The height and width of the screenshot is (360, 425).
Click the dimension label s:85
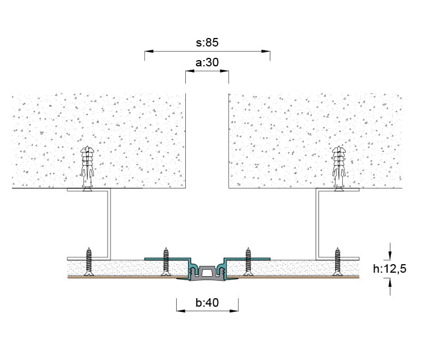point(207,43)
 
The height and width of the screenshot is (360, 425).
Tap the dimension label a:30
point(207,62)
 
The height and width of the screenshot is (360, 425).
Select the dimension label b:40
point(207,303)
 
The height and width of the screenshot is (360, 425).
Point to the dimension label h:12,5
point(389,269)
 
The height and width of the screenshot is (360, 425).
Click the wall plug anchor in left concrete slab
point(87,168)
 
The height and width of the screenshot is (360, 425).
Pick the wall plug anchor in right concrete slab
point(339,168)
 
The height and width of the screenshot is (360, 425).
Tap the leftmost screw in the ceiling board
point(88,262)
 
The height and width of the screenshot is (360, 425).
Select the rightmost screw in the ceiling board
point(337,262)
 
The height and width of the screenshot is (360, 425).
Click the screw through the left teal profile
point(166,262)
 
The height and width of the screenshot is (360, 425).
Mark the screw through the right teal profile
point(248,262)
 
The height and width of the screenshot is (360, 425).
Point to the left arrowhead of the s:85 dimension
point(149,51)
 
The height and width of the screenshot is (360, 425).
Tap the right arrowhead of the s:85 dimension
point(266,51)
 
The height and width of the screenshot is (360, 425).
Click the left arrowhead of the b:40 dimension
point(181,311)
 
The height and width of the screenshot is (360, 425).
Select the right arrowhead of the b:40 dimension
point(234,311)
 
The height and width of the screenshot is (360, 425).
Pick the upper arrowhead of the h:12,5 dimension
point(390,255)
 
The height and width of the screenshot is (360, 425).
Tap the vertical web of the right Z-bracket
point(317,223)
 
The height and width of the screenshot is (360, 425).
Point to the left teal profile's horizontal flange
point(167,259)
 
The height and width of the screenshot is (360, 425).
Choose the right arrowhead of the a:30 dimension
point(224,71)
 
